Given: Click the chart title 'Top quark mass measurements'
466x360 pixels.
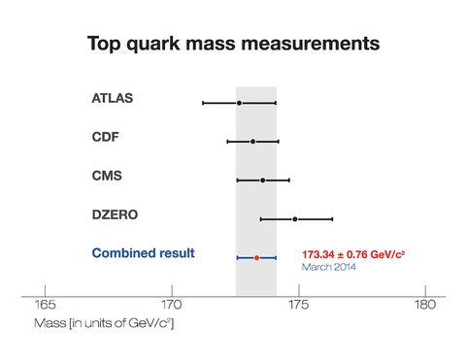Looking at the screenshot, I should (233, 44).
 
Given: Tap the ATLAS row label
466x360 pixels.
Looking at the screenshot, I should (113, 98).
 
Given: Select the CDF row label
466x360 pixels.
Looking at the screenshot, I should (105, 137).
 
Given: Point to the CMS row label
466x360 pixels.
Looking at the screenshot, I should (107, 176).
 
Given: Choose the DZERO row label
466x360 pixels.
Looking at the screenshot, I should (115, 214).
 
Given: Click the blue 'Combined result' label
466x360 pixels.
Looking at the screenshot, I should (144, 253).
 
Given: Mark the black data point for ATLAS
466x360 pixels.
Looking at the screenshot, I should (239, 102).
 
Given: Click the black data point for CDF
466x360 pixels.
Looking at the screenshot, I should (252, 141).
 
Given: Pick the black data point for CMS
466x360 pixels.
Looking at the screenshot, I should (262, 180).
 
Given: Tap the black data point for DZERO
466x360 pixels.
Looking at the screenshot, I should (295, 218).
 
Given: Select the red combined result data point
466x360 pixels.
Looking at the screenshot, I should (256, 257).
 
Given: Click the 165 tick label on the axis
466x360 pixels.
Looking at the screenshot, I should (45, 305).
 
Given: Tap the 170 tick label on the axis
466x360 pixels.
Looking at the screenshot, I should (172, 305).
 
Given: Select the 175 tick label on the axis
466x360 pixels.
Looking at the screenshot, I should (298, 305).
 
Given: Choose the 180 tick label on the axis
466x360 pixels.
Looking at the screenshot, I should (424, 305).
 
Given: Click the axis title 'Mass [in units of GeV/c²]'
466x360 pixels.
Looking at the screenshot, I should (104, 322).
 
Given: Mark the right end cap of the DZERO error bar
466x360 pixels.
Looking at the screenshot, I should (332, 218).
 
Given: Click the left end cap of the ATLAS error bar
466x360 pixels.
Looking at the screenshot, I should (203, 102).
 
